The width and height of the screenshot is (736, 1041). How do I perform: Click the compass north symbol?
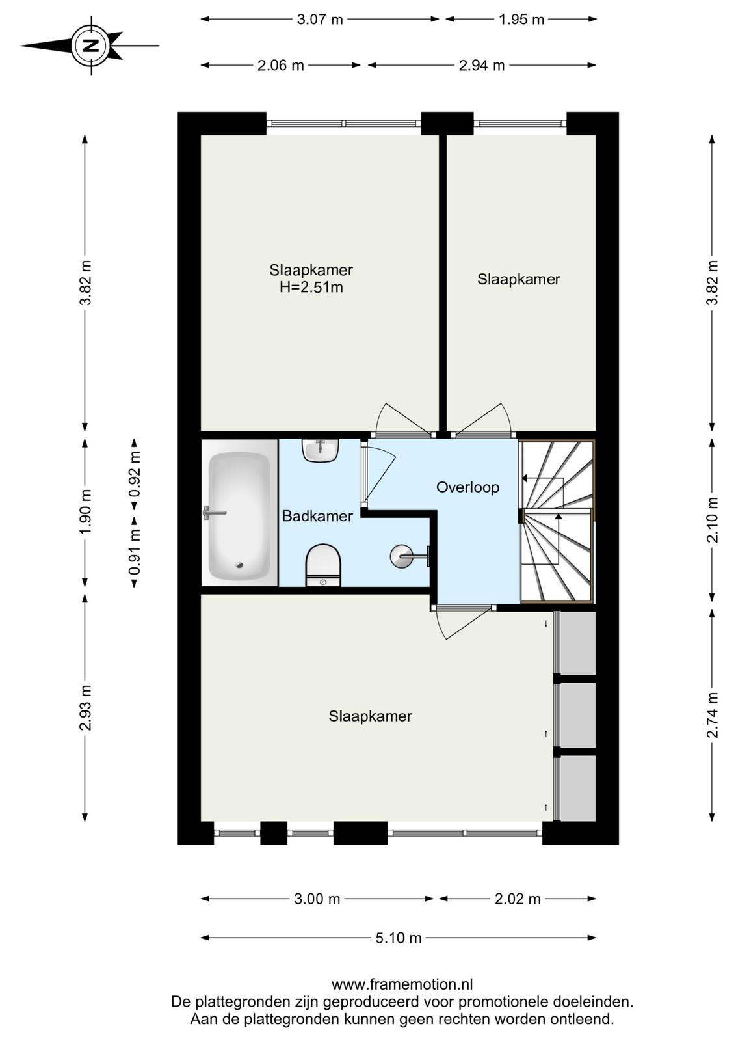tap(91, 46)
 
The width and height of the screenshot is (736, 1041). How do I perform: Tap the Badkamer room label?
tap(318, 516)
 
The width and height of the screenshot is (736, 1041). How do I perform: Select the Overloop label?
tap(467, 487)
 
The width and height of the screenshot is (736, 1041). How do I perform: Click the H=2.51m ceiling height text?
tap(311, 287)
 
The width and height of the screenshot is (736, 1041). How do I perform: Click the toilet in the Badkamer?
tap(323, 564)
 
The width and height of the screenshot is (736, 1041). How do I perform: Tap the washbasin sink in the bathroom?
tap(321, 450)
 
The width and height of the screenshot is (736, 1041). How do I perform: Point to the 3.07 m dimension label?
tap(319, 19)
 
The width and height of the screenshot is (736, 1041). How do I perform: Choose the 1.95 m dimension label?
tap(521, 19)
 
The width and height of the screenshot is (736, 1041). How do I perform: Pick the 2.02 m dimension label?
tap(518, 899)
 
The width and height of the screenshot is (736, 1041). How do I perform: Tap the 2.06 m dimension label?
tap(280, 65)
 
